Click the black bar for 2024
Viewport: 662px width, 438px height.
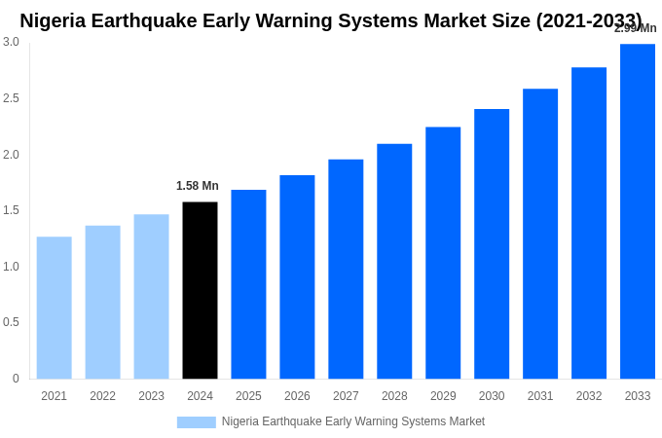(200, 290)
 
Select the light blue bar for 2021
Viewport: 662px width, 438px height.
(54, 308)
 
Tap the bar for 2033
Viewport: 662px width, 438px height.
(638, 211)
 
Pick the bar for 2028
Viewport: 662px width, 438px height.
(394, 261)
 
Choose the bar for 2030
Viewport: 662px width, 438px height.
(492, 243)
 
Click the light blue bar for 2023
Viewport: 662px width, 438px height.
(151, 296)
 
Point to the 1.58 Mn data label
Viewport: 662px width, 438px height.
(198, 186)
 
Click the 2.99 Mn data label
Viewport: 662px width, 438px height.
(635, 28)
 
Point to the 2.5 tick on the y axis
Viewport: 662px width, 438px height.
(11, 98)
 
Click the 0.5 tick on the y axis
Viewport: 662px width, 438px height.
(11, 322)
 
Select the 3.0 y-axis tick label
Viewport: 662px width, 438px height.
(11, 42)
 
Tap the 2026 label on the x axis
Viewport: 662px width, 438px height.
(297, 396)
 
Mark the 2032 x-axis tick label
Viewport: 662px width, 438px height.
(589, 396)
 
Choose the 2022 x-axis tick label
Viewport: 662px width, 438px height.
(102, 396)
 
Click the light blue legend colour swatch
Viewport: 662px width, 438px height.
(196, 421)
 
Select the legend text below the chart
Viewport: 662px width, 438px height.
(352, 421)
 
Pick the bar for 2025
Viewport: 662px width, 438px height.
(248, 284)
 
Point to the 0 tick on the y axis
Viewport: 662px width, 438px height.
(16, 379)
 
